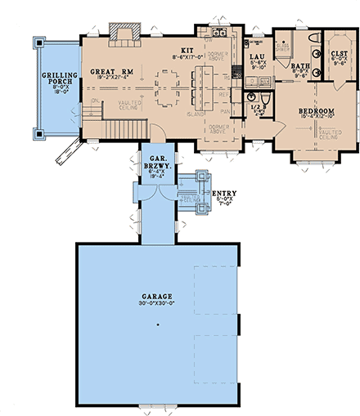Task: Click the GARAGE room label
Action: [156, 295]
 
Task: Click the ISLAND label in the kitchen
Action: [194, 114]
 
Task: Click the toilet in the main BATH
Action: [312, 38]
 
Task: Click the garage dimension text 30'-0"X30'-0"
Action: [156, 302]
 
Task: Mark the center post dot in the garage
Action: [156, 326]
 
